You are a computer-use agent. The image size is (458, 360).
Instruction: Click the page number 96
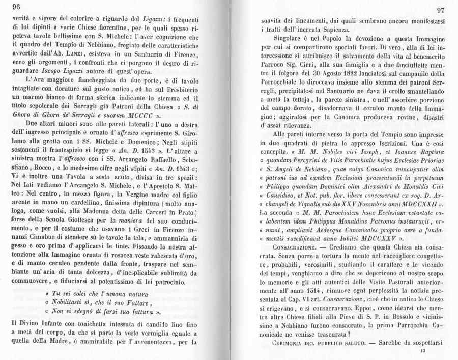click(15, 7)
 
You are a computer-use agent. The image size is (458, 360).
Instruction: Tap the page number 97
click(441, 11)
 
